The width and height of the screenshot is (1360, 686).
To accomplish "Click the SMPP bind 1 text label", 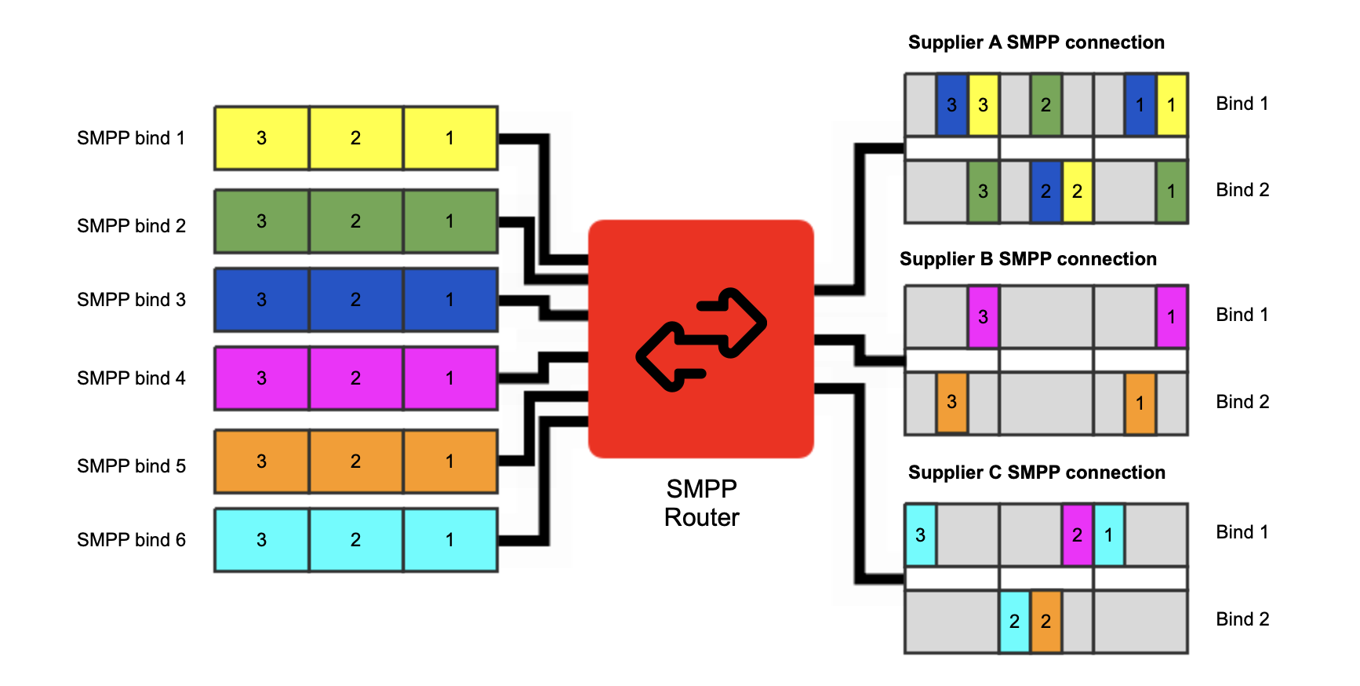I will (x=131, y=138).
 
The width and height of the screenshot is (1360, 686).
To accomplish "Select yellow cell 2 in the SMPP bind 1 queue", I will (x=355, y=138).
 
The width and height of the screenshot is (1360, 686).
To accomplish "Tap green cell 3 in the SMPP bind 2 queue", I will (x=261, y=221).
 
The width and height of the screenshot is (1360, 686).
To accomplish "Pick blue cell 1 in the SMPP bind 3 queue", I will (x=449, y=300).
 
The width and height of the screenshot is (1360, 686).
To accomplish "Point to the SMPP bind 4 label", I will (x=131, y=378).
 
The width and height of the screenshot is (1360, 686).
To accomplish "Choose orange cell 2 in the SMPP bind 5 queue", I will (x=355, y=462).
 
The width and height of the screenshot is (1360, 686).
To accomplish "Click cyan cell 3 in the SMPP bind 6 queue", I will (x=261, y=540).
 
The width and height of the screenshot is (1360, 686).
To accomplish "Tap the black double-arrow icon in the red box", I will (x=700, y=339).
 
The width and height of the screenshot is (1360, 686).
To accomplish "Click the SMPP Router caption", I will (x=701, y=503).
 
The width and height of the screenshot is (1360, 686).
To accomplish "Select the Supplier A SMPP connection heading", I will (x=1036, y=42).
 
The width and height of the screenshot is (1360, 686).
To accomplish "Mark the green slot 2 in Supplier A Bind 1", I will (x=1045, y=104).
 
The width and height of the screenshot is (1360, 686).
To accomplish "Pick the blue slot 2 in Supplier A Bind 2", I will (x=1045, y=192).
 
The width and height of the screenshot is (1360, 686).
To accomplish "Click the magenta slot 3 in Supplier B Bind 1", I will (x=983, y=317).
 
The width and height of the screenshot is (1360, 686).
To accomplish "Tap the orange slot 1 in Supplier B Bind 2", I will (x=1140, y=403).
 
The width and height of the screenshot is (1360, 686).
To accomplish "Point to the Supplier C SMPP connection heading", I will (x=1036, y=473).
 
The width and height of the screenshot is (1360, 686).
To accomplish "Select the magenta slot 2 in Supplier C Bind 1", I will (x=1077, y=535).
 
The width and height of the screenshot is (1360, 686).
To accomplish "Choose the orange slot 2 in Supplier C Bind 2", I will (x=1045, y=622).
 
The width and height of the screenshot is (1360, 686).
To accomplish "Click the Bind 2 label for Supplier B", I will (x=1242, y=402).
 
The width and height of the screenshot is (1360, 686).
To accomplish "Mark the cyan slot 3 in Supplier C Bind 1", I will (x=920, y=535).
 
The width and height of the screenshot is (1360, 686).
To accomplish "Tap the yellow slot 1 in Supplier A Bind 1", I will (x=1171, y=104).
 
